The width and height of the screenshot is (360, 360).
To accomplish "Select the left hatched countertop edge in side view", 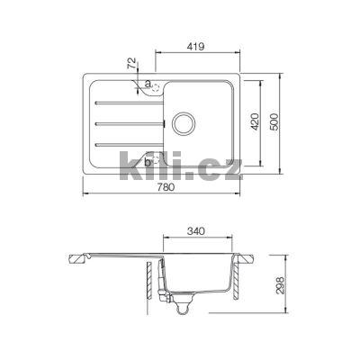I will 84,258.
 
